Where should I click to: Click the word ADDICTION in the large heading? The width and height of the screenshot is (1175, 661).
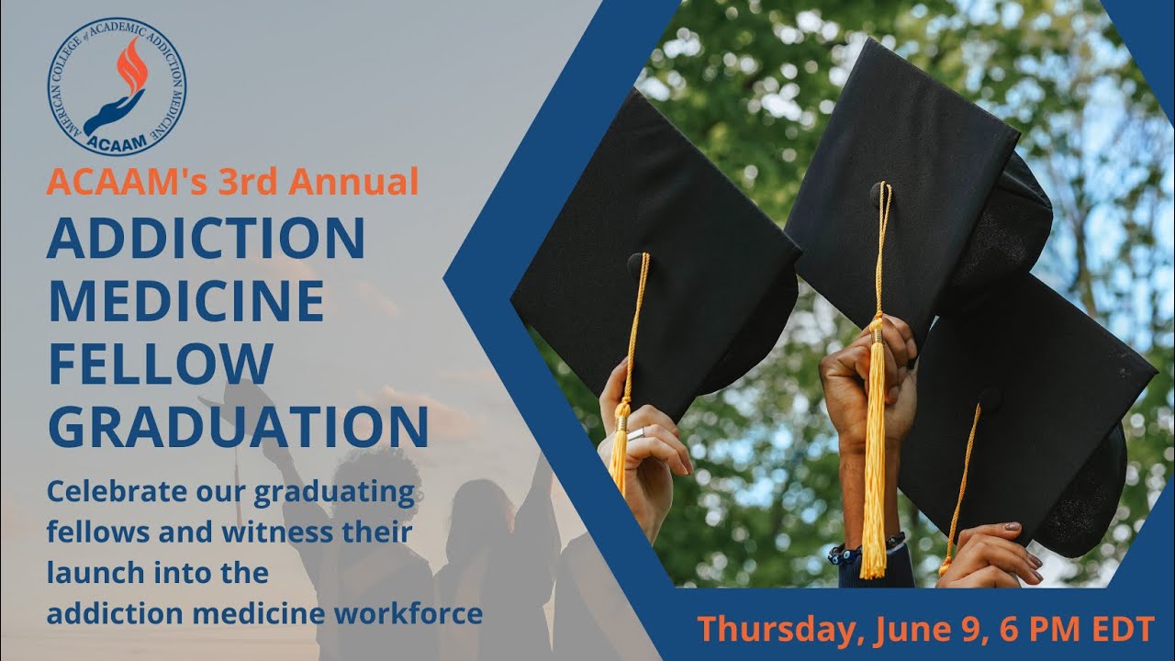[x=207, y=237]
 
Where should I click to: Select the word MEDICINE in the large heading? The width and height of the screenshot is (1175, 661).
[x=186, y=300]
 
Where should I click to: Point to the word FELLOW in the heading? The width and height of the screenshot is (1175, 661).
[x=161, y=363]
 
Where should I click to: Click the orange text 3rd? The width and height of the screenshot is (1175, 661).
[x=250, y=181]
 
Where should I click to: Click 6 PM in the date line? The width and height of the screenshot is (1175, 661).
[x=1016, y=630]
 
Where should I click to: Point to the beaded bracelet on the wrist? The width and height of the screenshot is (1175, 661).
[x=840, y=553]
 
